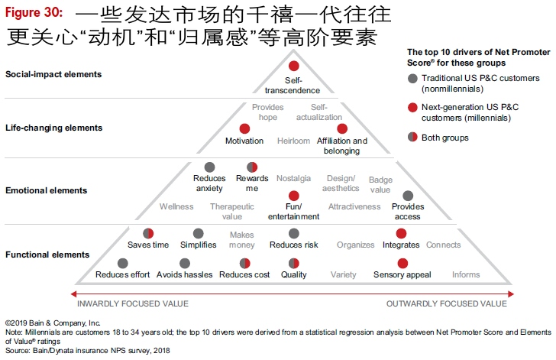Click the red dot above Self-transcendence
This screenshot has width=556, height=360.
[x=294, y=66]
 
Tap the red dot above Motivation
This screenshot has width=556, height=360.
[x=244, y=128]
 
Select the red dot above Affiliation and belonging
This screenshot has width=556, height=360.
[x=342, y=128]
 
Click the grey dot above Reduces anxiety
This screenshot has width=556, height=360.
[x=209, y=167]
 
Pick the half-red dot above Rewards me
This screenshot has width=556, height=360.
[x=252, y=167]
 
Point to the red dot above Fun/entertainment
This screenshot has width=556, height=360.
[x=294, y=196]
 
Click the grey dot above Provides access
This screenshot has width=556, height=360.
[x=408, y=196]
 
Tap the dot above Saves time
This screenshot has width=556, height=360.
[x=149, y=233]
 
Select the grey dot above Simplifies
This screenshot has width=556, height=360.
[x=199, y=233]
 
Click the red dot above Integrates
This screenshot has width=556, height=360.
[x=401, y=233]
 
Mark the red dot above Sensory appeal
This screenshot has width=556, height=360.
[x=402, y=263]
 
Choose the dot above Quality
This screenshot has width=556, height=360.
[x=294, y=263]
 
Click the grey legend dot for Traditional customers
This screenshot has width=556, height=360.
[x=413, y=79]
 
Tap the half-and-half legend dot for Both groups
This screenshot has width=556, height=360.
[x=413, y=138]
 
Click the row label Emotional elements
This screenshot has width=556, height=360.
[x=46, y=190]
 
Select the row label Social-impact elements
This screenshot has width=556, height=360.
[x=53, y=74]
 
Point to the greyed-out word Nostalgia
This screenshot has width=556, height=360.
[x=294, y=178]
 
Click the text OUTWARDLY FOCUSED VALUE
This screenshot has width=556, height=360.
[x=446, y=303]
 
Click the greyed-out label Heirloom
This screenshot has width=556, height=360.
[x=294, y=141]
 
